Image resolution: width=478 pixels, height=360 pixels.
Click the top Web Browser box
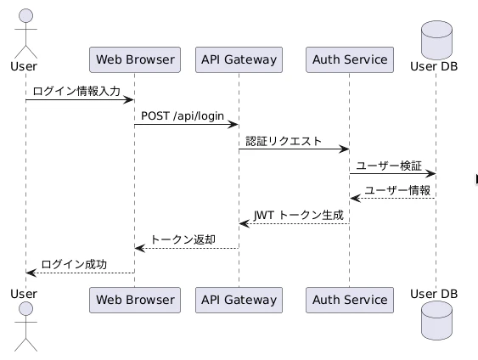coord(135,59)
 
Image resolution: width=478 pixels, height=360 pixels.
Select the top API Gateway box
coord(239,59)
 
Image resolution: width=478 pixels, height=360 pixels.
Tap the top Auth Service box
coord(350,59)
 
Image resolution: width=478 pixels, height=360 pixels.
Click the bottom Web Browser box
coord(135,300)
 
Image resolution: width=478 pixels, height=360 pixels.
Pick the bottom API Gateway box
coord(239,300)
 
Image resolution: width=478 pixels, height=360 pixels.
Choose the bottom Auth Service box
coord(350,300)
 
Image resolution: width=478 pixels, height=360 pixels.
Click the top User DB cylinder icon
coord(436,40)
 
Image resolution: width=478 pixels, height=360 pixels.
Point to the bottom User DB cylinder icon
coord(436,320)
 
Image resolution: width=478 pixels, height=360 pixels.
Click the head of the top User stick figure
coord(26,15)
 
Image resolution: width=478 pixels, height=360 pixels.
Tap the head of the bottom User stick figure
coord(26,309)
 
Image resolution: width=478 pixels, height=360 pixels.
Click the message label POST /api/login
coord(183,115)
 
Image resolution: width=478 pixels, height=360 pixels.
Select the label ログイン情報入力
coord(76,91)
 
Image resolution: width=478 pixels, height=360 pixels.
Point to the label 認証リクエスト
coord(284,141)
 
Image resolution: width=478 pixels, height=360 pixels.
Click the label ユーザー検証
coord(389,166)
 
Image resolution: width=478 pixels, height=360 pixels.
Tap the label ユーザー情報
coord(397,190)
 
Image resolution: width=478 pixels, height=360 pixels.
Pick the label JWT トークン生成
coord(299,215)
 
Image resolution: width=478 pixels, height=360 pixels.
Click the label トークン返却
coord(183,239)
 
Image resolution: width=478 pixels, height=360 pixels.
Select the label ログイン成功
coord(74,264)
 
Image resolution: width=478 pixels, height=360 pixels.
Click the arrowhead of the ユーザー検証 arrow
coord(431,174)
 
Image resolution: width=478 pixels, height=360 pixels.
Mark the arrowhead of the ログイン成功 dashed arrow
coord(31,273)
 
